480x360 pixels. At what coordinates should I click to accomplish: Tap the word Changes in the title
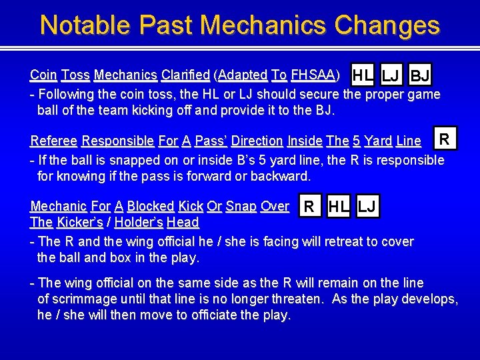387,25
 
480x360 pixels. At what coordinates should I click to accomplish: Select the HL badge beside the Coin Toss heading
363,75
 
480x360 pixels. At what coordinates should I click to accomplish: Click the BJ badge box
420,75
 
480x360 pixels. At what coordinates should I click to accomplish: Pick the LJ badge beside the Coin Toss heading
391,75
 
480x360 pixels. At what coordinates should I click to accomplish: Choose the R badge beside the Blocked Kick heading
309,207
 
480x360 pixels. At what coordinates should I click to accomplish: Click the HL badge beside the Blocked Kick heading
339,207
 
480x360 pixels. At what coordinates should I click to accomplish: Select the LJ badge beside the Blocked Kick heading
367,207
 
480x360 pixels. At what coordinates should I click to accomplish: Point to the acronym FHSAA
313,74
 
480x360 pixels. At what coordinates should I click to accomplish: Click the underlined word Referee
55,141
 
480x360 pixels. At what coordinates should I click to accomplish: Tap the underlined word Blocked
151,207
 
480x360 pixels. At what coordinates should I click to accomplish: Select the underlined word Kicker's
79,223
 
